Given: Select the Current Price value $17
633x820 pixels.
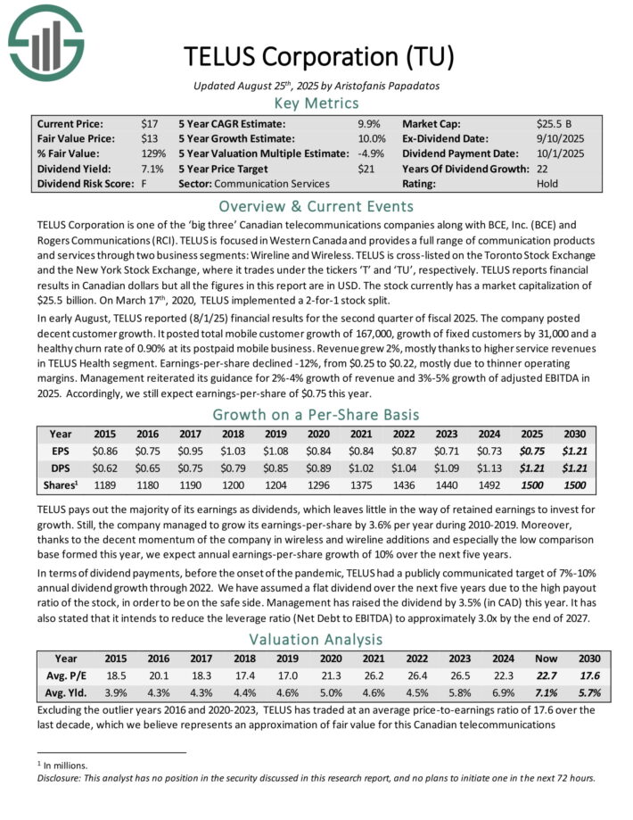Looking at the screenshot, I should tap(149, 123).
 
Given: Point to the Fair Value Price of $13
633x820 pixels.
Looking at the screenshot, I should tap(149, 138).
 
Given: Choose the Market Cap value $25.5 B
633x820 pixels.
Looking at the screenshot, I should tap(555, 123).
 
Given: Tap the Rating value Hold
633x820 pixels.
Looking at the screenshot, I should tap(547, 184).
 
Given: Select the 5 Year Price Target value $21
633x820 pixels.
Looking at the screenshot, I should tap(366, 169).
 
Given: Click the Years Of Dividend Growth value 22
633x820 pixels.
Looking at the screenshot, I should tap(543, 169).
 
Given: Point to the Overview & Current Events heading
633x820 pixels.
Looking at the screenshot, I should tap(316, 204).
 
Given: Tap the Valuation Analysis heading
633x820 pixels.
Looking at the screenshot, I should tap(316, 639).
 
